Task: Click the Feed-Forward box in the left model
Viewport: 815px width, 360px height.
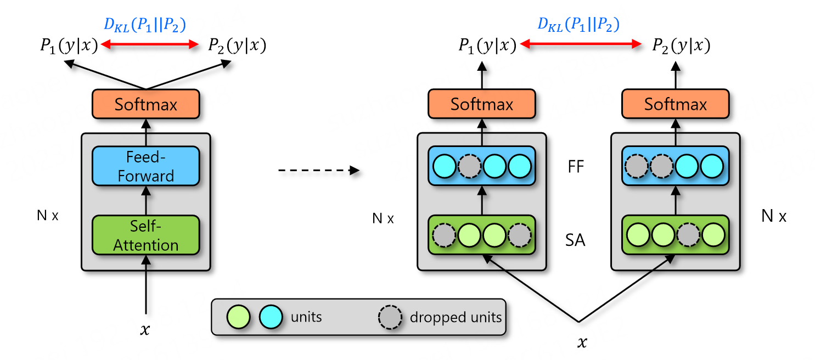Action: [x=145, y=166]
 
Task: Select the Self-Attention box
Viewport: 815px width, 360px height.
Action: [x=145, y=235]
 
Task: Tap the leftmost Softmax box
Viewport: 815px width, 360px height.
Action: [x=145, y=104]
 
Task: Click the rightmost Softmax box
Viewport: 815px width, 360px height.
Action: [x=675, y=104]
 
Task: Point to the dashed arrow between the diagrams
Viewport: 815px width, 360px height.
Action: [x=319, y=170]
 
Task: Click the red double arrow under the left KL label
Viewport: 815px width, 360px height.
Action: [x=149, y=44]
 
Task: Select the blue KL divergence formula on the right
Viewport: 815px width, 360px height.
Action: [x=578, y=25]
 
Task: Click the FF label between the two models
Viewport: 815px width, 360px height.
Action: [x=576, y=166]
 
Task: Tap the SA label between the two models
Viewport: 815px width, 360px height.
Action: [x=575, y=240]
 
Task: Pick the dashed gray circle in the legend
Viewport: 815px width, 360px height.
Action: [x=390, y=317]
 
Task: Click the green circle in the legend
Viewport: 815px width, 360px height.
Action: [x=238, y=317]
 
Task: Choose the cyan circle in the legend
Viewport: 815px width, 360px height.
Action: [x=271, y=317]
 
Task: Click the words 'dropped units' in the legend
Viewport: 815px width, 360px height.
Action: [x=456, y=317]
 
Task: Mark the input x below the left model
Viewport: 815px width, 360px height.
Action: [x=145, y=330]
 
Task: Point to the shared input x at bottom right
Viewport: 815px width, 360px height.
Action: [x=582, y=342]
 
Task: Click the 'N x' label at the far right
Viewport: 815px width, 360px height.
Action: [x=774, y=216]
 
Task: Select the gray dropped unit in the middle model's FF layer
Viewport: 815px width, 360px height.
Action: [x=469, y=166]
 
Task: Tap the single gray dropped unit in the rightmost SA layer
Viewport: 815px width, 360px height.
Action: [x=688, y=235]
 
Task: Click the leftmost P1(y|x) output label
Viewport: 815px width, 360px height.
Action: [x=69, y=46]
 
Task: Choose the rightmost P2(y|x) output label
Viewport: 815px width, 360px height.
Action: [x=681, y=46]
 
